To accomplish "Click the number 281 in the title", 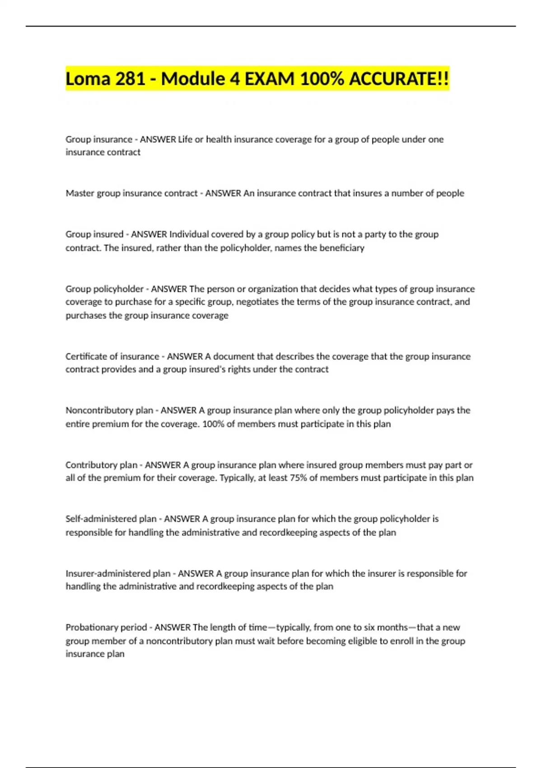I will [131, 79].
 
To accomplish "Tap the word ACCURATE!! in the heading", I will [399, 79].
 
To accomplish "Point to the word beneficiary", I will [342, 248].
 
